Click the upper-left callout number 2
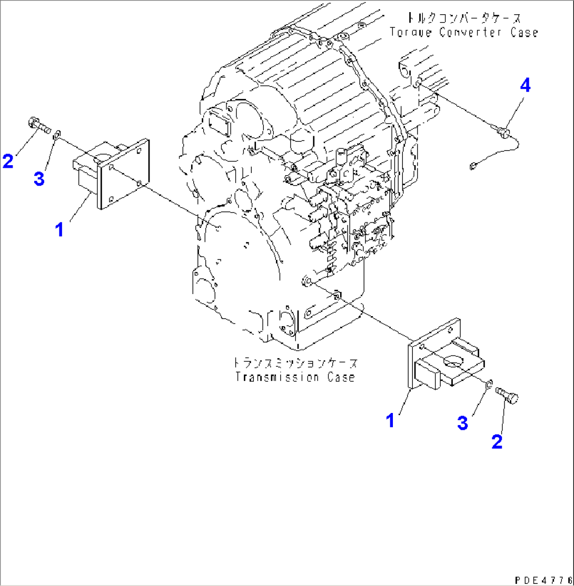[x=8, y=160]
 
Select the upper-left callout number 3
[x=39, y=179]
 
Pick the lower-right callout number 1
[x=390, y=420]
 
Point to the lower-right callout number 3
[x=462, y=423]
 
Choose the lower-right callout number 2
[x=497, y=441]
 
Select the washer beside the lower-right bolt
[x=489, y=386]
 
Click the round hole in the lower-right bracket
[x=452, y=360]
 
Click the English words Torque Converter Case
[x=464, y=32]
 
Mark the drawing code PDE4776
[x=543, y=578]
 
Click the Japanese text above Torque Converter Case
[x=464, y=19]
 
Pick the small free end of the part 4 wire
[x=472, y=166]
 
